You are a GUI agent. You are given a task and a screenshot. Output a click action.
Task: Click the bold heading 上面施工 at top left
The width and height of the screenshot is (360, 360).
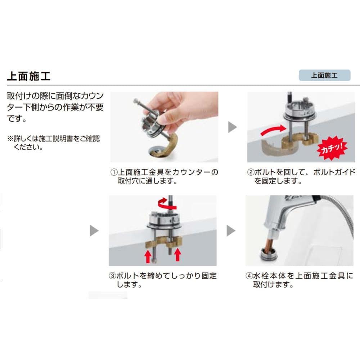point(29,76)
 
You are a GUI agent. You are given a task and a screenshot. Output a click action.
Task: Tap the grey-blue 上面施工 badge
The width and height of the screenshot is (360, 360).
point(324,75)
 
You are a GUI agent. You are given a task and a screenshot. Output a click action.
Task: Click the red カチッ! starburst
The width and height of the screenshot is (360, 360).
point(332,148)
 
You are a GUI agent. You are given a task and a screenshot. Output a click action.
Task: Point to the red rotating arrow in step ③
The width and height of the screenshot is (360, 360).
point(166,204)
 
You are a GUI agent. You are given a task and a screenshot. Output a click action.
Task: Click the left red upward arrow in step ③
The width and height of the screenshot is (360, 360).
point(148,256)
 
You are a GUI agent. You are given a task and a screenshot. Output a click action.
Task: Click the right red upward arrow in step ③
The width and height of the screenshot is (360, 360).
point(177,255)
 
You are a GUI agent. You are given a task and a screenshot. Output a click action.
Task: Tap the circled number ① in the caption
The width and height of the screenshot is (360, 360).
point(114,172)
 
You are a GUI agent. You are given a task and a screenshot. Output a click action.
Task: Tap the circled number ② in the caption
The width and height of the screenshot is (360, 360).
point(251,172)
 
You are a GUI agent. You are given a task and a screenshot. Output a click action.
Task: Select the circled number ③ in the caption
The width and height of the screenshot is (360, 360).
point(112,276)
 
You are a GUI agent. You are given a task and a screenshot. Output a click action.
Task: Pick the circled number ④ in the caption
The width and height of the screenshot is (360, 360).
point(249,276)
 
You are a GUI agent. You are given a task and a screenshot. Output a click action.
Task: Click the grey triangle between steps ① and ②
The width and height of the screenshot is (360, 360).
point(232,127)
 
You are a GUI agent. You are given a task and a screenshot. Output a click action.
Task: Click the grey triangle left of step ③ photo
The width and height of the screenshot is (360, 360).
point(94,230)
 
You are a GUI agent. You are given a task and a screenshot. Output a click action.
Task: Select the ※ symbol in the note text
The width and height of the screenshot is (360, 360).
point(10,139)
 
